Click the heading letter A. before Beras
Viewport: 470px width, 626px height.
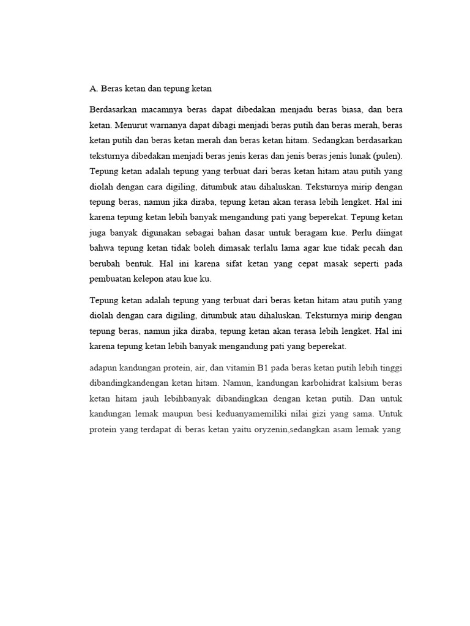point(94,88)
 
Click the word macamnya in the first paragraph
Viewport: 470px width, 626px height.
point(160,109)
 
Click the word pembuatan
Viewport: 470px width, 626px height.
point(108,278)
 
